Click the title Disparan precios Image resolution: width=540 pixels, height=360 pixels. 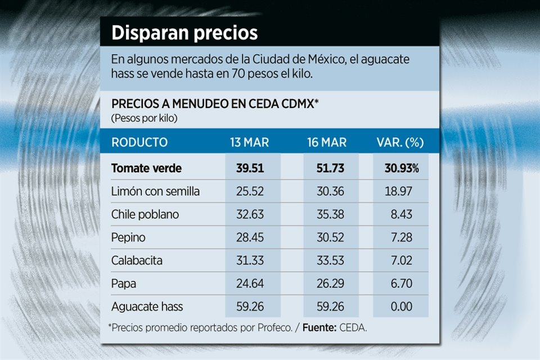[x=184, y=33]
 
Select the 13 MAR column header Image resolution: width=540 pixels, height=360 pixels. [x=249, y=142]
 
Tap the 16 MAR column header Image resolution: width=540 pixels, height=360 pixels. [x=327, y=142]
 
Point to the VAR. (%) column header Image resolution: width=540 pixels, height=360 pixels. [x=399, y=142]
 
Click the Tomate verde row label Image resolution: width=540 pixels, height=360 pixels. [x=147, y=168]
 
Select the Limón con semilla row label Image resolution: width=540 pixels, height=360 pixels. [x=155, y=191]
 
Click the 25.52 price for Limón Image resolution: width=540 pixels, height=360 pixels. [x=250, y=191]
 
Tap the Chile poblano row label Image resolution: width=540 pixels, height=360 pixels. [x=145, y=214]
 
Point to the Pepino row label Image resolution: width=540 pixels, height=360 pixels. [x=128, y=237]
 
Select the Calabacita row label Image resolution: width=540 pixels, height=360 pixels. [x=136, y=260]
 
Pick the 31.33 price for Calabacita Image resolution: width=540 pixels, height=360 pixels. [x=250, y=260]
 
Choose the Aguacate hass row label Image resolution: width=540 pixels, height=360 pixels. [x=147, y=307]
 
